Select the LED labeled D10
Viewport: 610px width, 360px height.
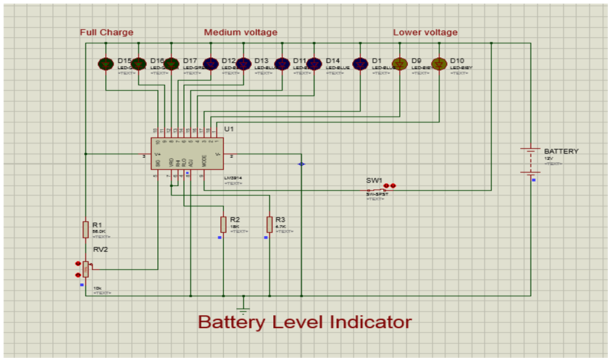tap(438, 64)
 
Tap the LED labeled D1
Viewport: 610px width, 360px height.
tap(360, 64)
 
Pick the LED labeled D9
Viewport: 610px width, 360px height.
tap(399, 64)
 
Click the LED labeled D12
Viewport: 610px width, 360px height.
tap(211, 64)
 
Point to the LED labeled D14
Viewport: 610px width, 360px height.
tap(314, 64)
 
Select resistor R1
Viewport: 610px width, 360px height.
tap(85, 229)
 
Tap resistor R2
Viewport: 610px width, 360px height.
tap(223, 224)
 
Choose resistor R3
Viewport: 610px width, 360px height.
tap(269, 224)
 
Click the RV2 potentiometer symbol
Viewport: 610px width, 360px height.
tap(85, 269)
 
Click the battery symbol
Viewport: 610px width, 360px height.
tap(531, 160)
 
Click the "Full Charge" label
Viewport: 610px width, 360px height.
tap(106, 33)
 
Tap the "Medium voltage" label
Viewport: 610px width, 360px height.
tap(241, 33)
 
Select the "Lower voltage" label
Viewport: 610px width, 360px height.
tap(425, 33)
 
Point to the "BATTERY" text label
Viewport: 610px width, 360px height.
tap(561, 151)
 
